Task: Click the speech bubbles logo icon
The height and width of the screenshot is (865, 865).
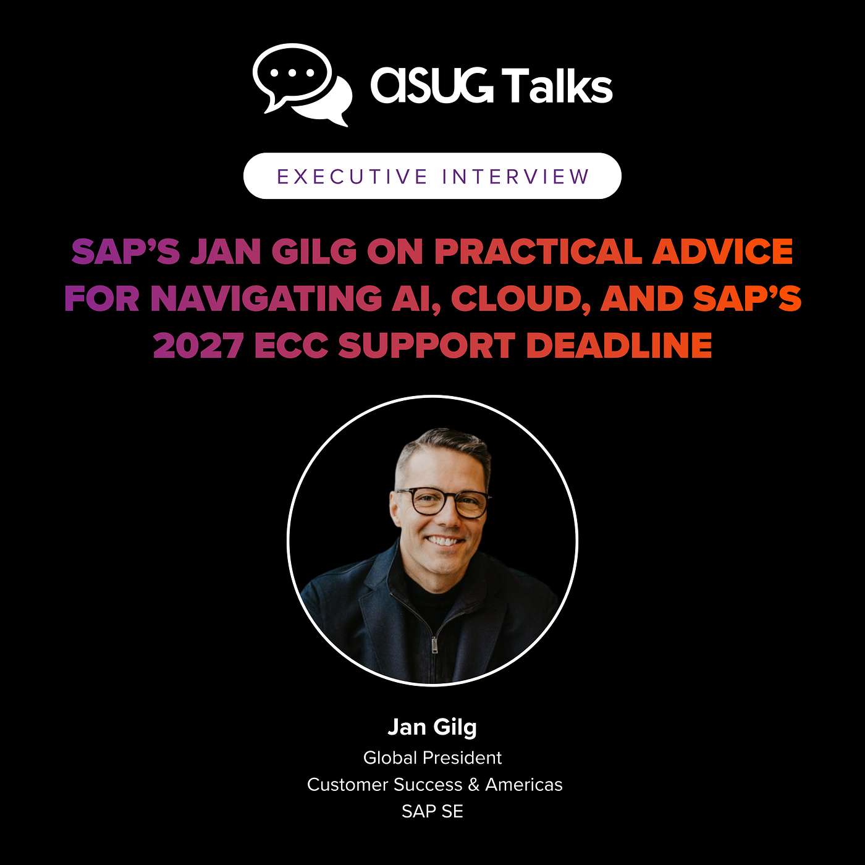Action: [302, 84]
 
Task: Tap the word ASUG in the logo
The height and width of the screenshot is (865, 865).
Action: [431, 86]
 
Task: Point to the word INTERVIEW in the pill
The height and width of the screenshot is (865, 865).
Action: [516, 177]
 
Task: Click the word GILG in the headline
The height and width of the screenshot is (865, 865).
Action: [314, 251]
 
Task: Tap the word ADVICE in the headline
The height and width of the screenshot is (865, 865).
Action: [723, 251]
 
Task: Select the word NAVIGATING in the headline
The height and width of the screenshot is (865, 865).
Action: [266, 298]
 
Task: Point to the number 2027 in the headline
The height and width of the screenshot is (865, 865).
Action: [198, 345]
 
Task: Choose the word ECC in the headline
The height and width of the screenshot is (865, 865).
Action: [290, 345]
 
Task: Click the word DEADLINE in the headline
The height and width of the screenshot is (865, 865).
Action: [619, 345]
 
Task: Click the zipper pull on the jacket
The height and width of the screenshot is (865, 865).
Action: [434, 645]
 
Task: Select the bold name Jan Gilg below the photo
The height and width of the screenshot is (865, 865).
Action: [432, 727]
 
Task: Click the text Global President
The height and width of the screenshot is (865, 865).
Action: [432, 757]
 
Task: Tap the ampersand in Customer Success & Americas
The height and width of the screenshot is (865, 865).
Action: [474, 785]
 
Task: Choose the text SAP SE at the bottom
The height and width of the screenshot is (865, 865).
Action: [432, 811]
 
